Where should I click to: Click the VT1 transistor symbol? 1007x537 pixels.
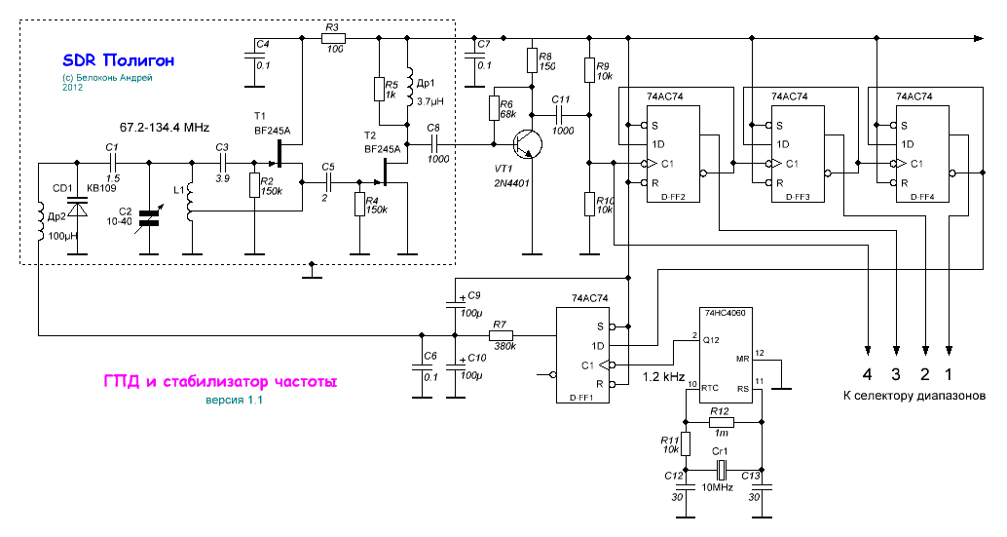528,144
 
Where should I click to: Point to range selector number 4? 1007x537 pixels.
867,373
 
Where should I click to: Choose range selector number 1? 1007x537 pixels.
951,373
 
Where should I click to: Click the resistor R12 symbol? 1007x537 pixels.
721,423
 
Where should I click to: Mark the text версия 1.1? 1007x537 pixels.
233,401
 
